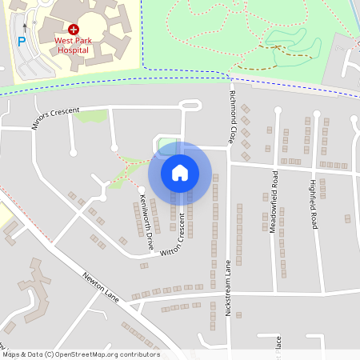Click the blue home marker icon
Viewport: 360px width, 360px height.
(180, 172)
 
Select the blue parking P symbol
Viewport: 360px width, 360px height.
(22, 41)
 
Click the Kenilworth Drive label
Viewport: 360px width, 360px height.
(146, 213)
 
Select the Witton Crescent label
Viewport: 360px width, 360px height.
(178, 238)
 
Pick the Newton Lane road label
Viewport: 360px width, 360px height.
(101, 287)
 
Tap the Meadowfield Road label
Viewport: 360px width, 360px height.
(274, 195)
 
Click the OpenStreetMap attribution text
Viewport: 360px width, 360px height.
(81, 354)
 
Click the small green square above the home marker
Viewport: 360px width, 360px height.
(167, 146)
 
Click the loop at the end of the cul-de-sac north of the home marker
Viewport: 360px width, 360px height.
(190, 105)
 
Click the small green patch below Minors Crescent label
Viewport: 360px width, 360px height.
(92, 116)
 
